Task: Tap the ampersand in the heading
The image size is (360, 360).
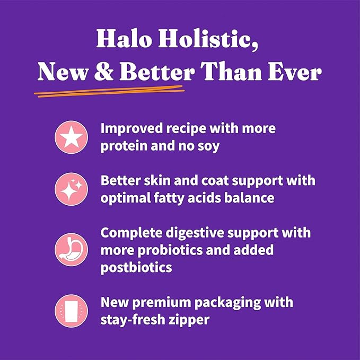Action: click(x=101, y=73)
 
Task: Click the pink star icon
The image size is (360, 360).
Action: click(x=71, y=137)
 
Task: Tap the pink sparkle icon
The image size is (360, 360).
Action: click(x=71, y=189)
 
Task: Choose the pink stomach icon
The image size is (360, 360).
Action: click(x=71, y=249)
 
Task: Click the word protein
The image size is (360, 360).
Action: click(x=122, y=146)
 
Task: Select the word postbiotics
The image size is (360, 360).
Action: click(x=136, y=267)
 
